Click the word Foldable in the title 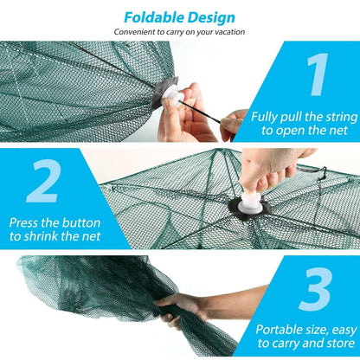pos(153,16)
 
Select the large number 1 pos(318,74)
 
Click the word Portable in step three pos(281,328)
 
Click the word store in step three pos(337,344)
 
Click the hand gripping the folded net pos(178,305)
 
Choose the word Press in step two pos(27,222)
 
